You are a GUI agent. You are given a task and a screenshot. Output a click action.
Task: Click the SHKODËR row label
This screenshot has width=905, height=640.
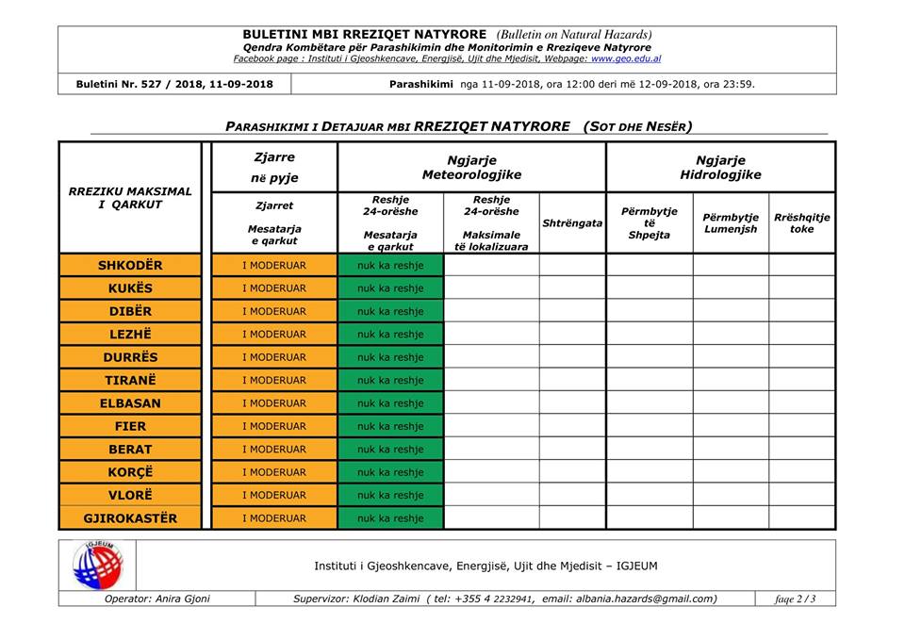[x=130, y=266]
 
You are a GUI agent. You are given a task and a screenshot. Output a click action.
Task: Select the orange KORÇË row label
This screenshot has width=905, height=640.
[x=130, y=472]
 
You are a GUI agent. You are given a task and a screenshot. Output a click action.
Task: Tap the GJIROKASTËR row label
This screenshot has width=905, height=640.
[x=130, y=518]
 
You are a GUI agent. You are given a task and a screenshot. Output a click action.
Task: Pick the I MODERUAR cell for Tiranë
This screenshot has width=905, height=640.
[x=274, y=381]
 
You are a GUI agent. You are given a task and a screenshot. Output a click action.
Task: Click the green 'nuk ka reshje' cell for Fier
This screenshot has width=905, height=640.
[x=390, y=426]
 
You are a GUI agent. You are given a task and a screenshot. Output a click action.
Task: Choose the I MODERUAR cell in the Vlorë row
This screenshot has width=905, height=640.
[x=274, y=495]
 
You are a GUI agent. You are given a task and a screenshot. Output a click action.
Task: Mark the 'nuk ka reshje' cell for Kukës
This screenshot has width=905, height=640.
[x=390, y=288]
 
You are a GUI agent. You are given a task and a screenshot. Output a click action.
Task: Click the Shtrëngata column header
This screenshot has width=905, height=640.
[x=572, y=223]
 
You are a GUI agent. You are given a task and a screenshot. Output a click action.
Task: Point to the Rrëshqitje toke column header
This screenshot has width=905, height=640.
[x=802, y=223]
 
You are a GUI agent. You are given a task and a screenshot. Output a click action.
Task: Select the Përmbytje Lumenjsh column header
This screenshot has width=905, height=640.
[x=731, y=223]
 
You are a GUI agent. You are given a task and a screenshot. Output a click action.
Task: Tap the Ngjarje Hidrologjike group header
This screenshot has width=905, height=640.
[x=721, y=168]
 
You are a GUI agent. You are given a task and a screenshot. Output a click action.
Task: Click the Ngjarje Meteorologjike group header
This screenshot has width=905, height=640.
[x=471, y=168]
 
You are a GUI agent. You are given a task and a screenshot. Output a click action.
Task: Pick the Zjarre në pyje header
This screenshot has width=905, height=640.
[x=274, y=168]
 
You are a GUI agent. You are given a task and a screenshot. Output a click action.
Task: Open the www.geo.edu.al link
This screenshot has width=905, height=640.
[x=626, y=58]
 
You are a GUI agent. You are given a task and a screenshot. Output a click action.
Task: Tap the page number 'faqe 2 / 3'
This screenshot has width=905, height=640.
[x=796, y=599]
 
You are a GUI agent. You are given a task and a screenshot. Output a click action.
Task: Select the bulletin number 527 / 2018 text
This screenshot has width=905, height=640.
[x=174, y=84]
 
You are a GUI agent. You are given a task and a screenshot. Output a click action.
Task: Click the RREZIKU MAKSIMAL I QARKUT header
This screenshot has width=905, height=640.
[x=130, y=198]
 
